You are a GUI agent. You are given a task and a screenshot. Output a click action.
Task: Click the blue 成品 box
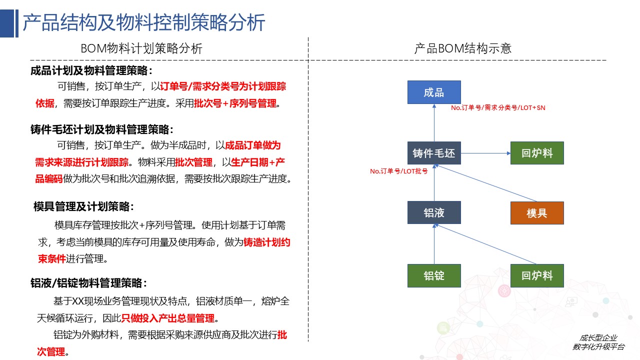[x=434, y=92]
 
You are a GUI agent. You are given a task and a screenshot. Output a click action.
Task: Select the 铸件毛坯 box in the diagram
[x=434, y=153]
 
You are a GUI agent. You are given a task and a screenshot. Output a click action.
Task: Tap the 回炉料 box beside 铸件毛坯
[x=537, y=153]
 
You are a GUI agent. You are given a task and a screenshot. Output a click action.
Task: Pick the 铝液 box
[x=434, y=212]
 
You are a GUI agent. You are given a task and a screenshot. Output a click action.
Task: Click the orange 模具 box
[x=537, y=213]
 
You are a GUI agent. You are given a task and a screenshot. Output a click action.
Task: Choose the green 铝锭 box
[x=434, y=275]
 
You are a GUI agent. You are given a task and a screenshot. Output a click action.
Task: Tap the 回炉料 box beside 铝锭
[x=537, y=275]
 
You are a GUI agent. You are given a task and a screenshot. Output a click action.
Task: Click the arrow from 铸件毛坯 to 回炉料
[x=485, y=153]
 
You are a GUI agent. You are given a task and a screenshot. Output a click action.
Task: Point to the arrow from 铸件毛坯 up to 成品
[x=434, y=123]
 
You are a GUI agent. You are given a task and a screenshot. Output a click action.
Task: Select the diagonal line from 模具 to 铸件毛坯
[x=485, y=183]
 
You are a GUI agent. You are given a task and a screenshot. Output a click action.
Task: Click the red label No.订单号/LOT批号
[x=399, y=171]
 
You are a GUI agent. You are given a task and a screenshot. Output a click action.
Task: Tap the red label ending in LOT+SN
[x=498, y=107]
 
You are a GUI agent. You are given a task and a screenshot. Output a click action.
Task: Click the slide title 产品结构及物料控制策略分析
[x=143, y=22]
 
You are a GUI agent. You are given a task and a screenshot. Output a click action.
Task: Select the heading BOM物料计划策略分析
[x=141, y=48]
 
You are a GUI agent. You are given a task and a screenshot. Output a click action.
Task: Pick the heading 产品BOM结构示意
[x=463, y=48]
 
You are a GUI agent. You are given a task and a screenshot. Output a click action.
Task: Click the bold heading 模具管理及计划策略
[x=83, y=206]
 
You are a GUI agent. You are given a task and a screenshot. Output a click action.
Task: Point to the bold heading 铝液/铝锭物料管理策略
[x=89, y=283]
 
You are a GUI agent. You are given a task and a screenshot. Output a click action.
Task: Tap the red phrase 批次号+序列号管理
[x=235, y=103]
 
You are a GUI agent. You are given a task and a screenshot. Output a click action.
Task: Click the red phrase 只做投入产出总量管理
[x=167, y=318]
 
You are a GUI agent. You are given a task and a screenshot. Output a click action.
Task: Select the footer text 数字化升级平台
[x=598, y=347]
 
